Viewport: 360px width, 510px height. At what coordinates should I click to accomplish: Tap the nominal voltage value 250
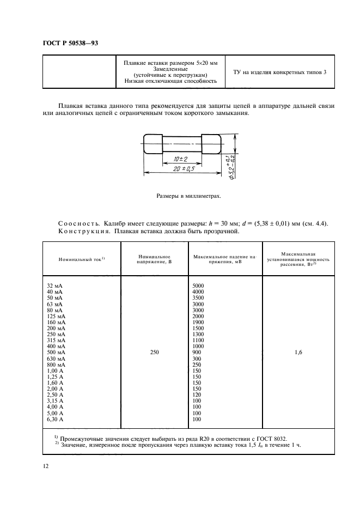[x=154, y=353]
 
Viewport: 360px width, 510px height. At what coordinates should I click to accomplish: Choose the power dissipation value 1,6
[x=298, y=353]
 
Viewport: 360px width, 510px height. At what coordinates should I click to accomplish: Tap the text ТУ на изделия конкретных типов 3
[x=279, y=72]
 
